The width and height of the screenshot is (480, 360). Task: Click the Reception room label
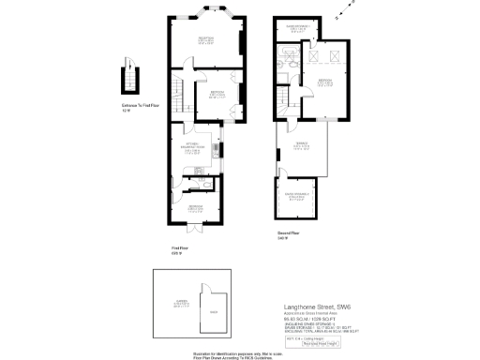tap(206, 39)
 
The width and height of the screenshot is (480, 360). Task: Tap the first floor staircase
tap(175, 93)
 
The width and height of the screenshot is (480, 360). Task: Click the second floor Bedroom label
tap(324, 82)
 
